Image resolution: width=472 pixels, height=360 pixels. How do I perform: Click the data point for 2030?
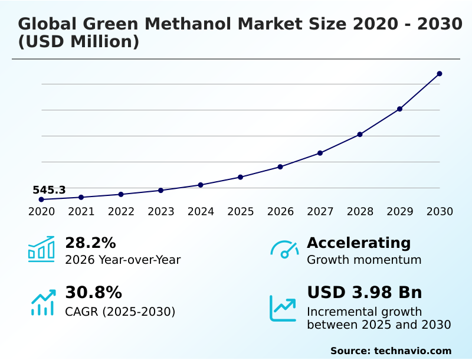(440, 74)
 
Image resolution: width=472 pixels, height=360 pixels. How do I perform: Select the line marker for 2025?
(240, 177)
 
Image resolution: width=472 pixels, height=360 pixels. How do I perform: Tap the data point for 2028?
(360, 135)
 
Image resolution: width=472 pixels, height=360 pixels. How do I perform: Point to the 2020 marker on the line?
(41, 199)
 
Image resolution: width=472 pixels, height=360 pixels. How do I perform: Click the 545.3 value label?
(49, 190)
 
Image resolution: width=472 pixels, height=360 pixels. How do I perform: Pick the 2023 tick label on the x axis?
(161, 212)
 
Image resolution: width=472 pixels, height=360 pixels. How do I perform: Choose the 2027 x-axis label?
(320, 212)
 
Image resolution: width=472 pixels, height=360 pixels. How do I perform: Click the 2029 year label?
(400, 212)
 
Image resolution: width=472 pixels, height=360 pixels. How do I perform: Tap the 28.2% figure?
(90, 243)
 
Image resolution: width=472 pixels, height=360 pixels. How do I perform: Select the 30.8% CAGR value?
(93, 293)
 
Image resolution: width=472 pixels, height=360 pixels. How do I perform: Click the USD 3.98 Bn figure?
(365, 293)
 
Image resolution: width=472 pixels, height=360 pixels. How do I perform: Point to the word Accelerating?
(359, 243)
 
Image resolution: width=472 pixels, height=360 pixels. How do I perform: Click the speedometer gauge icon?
(284, 249)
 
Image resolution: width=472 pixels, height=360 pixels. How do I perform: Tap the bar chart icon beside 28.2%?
(41, 249)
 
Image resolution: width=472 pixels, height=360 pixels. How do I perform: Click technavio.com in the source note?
(413, 351)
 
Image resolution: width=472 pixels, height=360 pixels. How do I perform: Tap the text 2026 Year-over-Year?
(123, 260)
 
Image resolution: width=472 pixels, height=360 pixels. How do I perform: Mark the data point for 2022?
(121, 194)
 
